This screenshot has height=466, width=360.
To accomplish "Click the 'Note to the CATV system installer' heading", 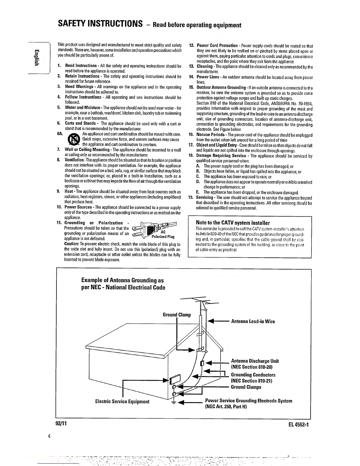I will pos(233,223).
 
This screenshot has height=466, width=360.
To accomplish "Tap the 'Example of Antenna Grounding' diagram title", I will pos(123,284).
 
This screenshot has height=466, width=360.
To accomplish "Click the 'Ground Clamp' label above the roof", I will pos(177,315).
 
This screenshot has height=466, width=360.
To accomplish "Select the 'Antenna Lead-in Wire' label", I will pos(253,322).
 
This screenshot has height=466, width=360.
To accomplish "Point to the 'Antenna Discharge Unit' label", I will pos(255,361).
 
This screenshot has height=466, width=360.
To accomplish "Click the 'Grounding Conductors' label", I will pos(253,375).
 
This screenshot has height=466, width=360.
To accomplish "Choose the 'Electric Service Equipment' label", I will pos(122,402).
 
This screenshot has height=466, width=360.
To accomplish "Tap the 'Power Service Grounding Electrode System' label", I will pos(249,401).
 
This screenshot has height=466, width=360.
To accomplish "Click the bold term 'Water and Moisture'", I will pos(82,108).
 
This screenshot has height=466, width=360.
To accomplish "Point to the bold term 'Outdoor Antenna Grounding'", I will pos(221,88).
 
